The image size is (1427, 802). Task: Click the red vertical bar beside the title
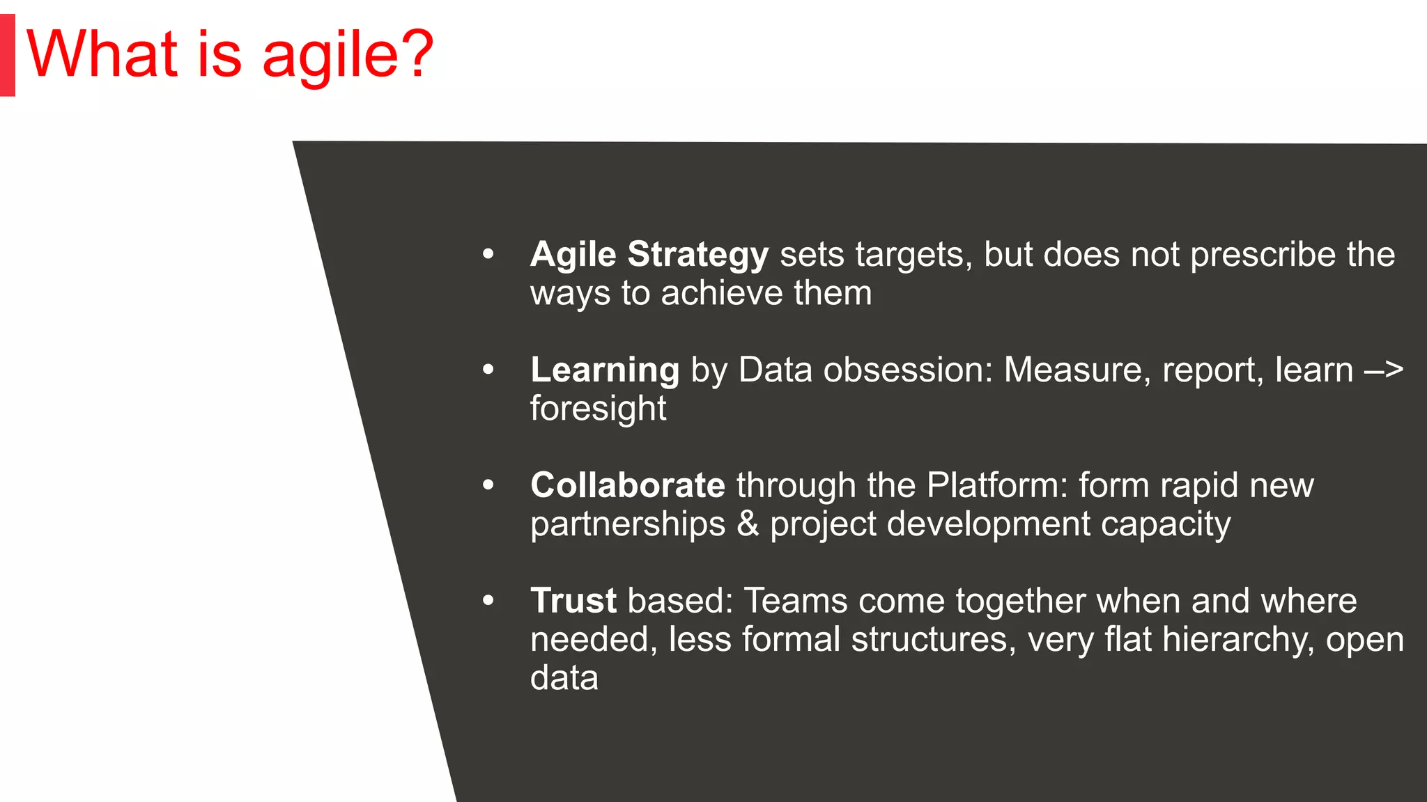pos(7,56)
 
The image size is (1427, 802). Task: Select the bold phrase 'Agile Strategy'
pos(649,255)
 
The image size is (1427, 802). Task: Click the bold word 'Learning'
pos(604,370)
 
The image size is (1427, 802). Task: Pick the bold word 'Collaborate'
pos(627,485)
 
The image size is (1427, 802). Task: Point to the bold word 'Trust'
pos(573,601)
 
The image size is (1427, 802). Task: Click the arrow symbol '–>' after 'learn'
pos(1383,370)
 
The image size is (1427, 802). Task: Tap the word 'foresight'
pos(598,409)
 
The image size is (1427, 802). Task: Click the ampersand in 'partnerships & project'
pos(747,524)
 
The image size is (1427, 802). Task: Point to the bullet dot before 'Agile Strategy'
pos(488,255)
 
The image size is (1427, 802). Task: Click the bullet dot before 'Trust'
pos(488,600)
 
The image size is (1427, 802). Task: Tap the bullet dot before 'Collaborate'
pos(488,485)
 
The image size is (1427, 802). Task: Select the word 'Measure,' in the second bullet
pos(1077,370)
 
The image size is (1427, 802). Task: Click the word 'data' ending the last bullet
pos(564,678)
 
